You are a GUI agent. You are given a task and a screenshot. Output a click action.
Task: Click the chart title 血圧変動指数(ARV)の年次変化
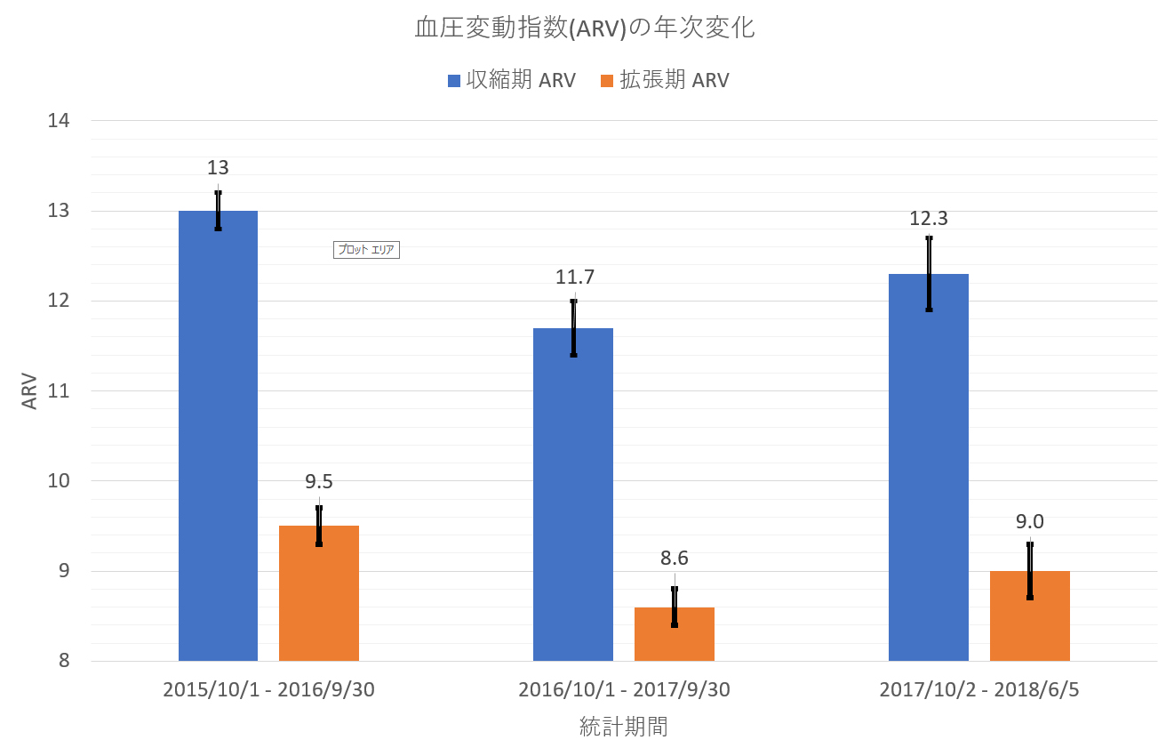point(585,28)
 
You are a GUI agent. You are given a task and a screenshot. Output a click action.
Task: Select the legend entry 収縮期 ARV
point(511,81)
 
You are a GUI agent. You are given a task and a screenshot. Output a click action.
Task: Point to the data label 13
point(218,168)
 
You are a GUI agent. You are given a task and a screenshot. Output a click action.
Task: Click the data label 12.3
point(929,219)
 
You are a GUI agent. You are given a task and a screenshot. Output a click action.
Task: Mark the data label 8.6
point(674,559)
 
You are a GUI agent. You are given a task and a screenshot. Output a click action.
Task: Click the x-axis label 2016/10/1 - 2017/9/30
point(623,690)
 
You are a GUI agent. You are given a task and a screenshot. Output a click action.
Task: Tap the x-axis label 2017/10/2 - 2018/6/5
point(978,690)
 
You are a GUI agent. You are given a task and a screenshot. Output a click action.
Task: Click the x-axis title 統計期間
point(623,727)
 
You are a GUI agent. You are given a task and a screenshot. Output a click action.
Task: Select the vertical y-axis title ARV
point(30,390)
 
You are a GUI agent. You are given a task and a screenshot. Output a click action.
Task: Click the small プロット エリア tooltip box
point(367,250)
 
